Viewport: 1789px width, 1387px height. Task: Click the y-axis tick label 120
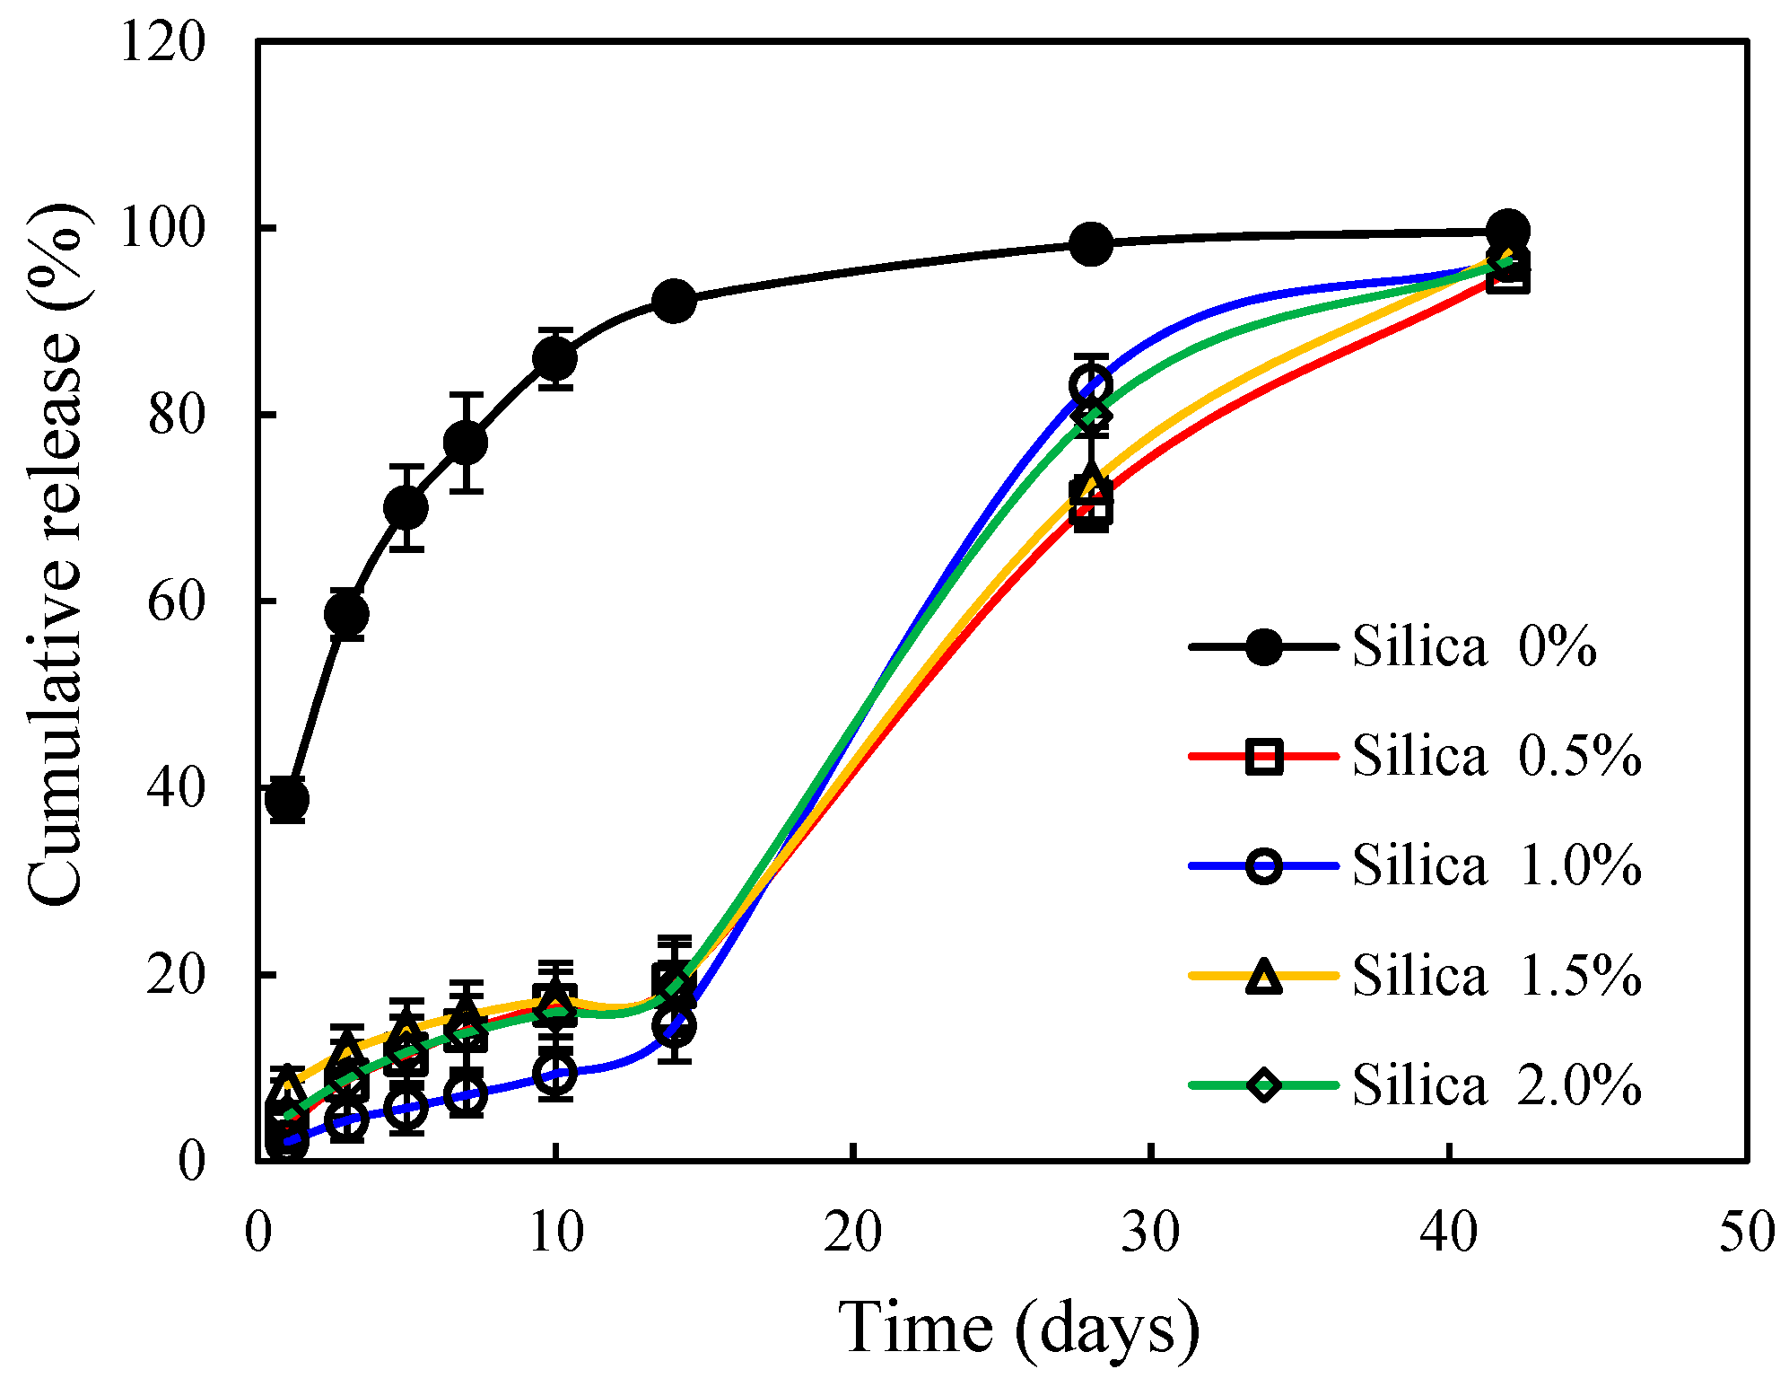pos(162,42)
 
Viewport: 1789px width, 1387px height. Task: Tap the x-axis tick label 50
pos(1746,1233)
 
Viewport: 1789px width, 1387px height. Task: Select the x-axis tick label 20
pos(853,1233)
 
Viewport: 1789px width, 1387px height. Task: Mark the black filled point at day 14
pos(674,300)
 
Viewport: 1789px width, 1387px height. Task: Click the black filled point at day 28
pos(1091,244)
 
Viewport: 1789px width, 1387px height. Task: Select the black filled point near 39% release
pos(287,799)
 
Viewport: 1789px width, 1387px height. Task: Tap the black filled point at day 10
pos(555,358)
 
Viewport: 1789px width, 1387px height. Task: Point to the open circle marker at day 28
pos(1091,386)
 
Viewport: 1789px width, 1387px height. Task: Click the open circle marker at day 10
pos(555,1073)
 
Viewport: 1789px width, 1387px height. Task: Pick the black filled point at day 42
pos(1508,231)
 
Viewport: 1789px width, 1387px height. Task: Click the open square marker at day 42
pos(1508,276)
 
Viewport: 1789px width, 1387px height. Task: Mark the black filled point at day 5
pos(406,508)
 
